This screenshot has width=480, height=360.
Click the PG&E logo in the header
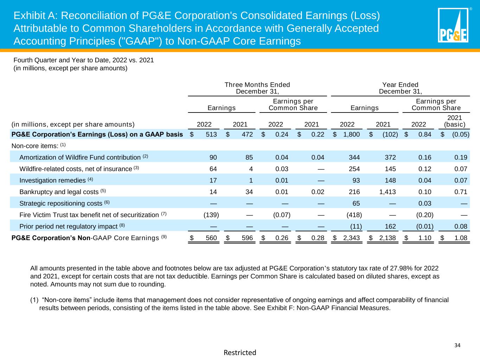point(453,25)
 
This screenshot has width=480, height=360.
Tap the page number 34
point(457,345)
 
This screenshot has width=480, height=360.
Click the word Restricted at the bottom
point(240,352)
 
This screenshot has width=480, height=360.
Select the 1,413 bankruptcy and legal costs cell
point(386,192)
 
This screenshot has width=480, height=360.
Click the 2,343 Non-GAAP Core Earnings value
point(351,238)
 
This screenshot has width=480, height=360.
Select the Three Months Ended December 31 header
point(257,88)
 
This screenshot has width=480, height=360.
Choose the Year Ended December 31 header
point(400,88)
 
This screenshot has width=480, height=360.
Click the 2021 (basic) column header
point(454,121)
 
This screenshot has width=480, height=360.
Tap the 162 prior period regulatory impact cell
point(390,226)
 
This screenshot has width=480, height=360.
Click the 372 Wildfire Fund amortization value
point(390,157)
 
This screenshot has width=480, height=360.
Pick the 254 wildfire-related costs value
point(354,169)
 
